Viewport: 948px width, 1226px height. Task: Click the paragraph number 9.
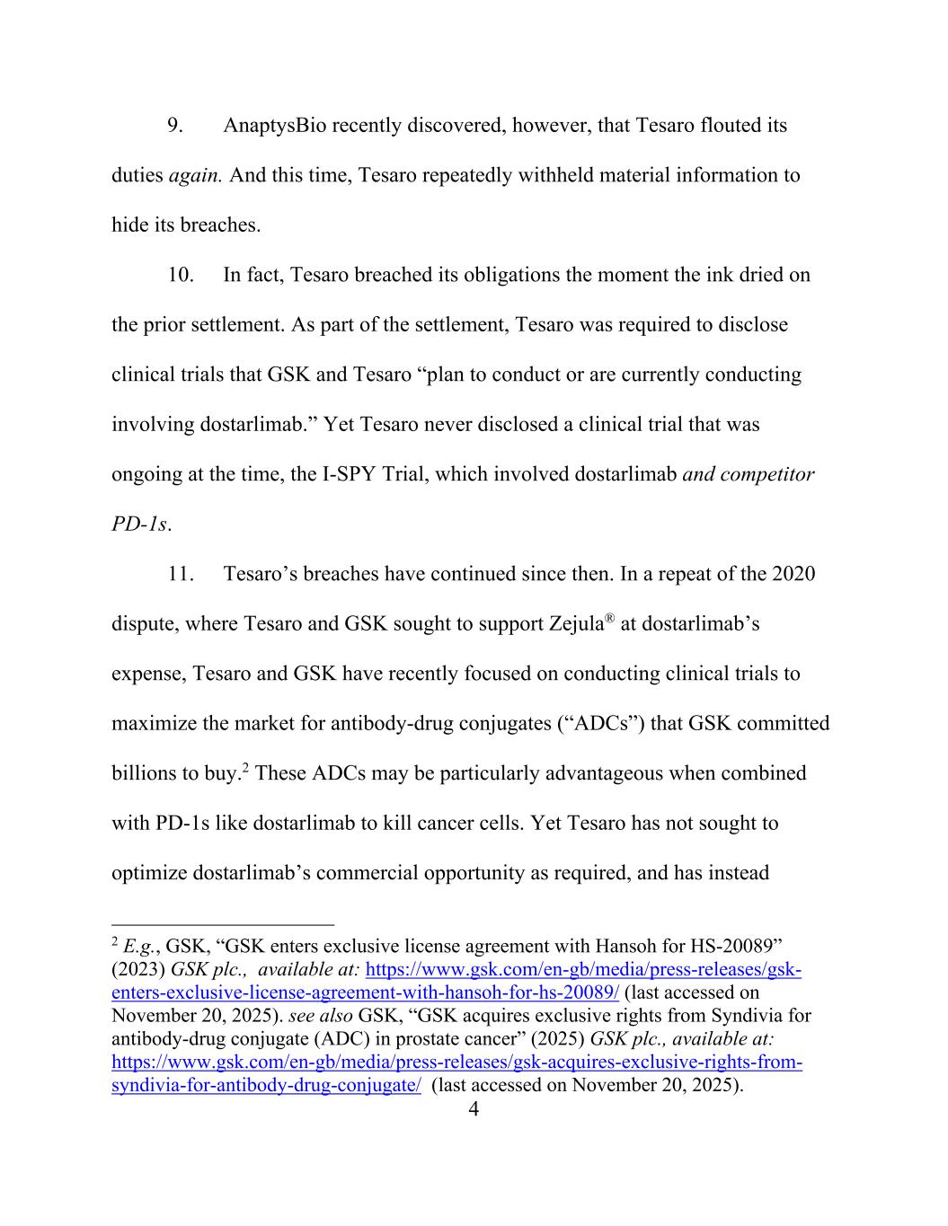(x=175, y=126)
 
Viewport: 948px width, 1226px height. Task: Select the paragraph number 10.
(x=181, y=275)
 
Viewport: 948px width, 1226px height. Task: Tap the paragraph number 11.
(x=181, y=574)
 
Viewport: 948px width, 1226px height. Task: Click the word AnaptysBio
(x=274, y=126)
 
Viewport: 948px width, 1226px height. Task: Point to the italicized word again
(x=195, y=176)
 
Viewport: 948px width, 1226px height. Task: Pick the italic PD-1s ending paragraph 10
(x=139, y=525)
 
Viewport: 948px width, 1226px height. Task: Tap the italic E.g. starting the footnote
(x=141, y=947)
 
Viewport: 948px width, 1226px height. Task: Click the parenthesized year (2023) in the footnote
(x=138, y=970)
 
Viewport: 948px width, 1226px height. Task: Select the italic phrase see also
(x=321, y=1017)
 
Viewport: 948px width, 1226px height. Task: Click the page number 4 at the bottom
(x=474, y=1110)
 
